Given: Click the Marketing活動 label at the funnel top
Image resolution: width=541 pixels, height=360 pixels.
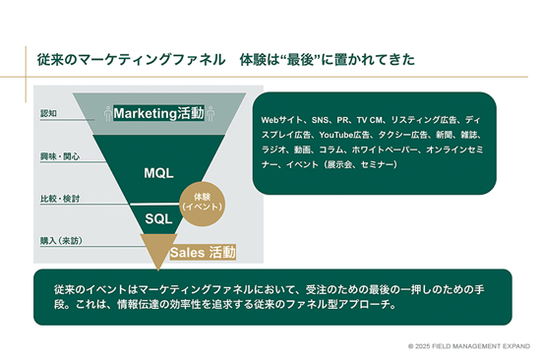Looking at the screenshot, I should [x=158, y=113].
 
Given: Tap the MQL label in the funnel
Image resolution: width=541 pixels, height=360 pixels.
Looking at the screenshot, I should [x=158, y=173].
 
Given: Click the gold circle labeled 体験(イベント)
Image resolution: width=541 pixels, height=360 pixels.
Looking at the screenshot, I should [x=204, y=200].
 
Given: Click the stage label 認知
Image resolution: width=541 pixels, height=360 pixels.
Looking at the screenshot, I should [x=48, y=114].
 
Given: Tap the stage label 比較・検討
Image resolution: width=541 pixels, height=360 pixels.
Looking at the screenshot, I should [x=58, y=199].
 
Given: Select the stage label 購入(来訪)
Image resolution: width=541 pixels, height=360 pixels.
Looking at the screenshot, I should [x=61, y=241].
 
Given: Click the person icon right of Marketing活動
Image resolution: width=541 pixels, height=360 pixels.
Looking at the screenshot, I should [x=211, y=113].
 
